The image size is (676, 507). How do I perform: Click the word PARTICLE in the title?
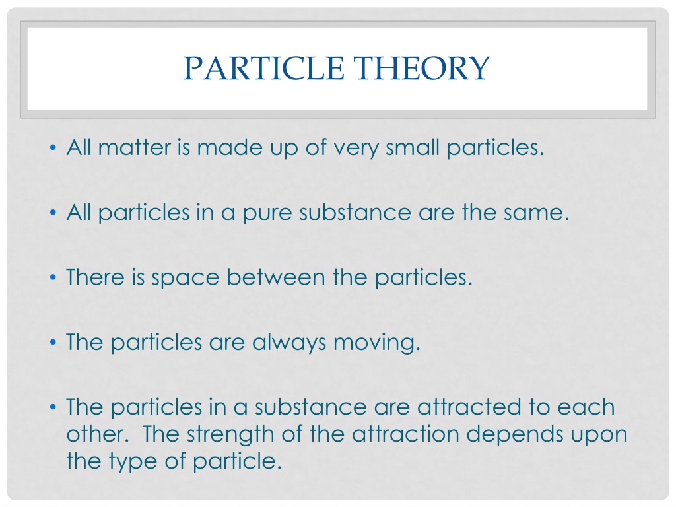click(263, 68)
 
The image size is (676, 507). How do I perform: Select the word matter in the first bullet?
click(135, 147)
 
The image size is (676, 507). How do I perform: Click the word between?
click(276, 277)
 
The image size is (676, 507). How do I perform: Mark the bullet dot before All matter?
click(53, 148)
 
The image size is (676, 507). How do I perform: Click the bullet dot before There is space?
click(53, 277)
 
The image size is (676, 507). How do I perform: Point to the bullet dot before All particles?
click(53, 213)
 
